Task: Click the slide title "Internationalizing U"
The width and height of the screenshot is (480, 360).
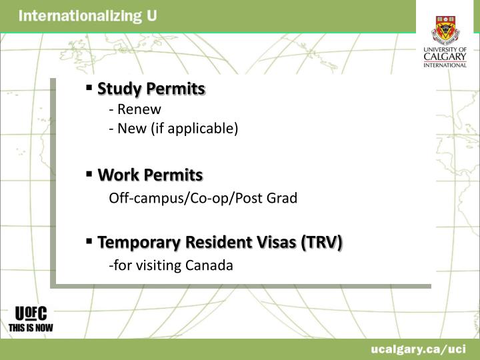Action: tap(87, 16)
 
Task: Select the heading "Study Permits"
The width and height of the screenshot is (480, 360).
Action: tap(151, 89)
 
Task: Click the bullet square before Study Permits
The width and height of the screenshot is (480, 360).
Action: tap(89, 87)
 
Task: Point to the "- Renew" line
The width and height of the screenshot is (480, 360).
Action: tap(135, 109)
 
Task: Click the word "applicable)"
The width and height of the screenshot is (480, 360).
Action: tap(207, 127)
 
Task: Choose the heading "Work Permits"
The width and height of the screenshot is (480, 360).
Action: tap(150, 175)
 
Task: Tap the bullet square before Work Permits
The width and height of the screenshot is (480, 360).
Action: tap(89, 173)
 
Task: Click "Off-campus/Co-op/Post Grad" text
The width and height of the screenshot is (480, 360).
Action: tap(203, 199)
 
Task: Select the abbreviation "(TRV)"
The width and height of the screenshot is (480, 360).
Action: tap(321, 243)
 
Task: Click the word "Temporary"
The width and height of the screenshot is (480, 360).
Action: tap(138, 243)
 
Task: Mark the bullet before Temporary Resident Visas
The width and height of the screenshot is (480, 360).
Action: tap(89, 241)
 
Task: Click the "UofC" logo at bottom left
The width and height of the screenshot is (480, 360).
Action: tap(31, 313)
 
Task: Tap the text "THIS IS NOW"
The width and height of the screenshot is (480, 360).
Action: tap(31, 327)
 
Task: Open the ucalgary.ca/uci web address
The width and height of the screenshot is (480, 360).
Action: tap(419, 349)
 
